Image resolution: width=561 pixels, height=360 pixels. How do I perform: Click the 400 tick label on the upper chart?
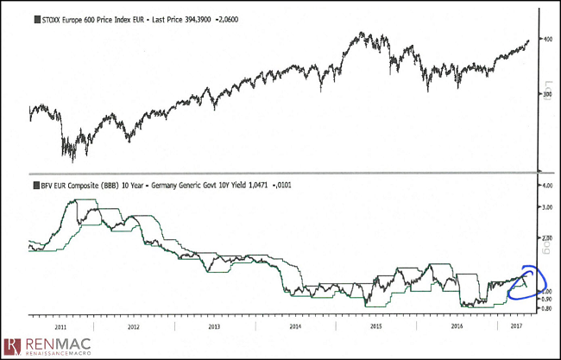546,39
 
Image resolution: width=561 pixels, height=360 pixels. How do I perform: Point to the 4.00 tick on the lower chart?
545,186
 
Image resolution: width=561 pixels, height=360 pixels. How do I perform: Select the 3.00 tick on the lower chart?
545,208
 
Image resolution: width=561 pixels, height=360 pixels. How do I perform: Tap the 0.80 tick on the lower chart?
545,307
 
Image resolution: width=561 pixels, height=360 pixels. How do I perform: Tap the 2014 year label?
294,328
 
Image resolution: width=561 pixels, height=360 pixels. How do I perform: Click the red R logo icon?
10,346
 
